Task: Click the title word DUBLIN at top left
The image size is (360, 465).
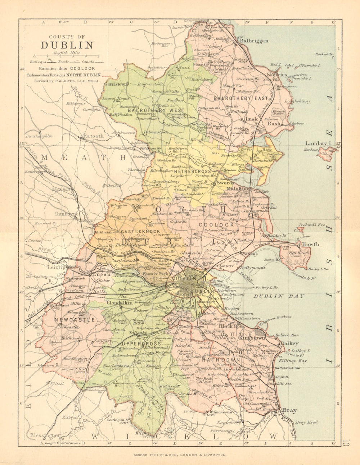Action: click(x=67, y=45)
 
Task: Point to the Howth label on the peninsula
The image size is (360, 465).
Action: click(x=310, y=244)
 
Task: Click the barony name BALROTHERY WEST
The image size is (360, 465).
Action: click(x=159, y=110)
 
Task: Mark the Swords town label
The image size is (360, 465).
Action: click(x=225, y=183)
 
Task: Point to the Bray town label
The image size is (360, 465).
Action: click(x=289, y=410)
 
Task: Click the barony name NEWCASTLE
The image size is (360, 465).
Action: click(x=75, y=319)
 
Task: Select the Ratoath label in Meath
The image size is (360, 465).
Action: click(x=93, y=136)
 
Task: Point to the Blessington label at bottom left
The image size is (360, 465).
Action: click(x=44, y=435)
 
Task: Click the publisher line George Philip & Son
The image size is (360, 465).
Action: click(x=180, y=455)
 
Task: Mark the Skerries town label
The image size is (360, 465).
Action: click(x=277, y=74)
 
